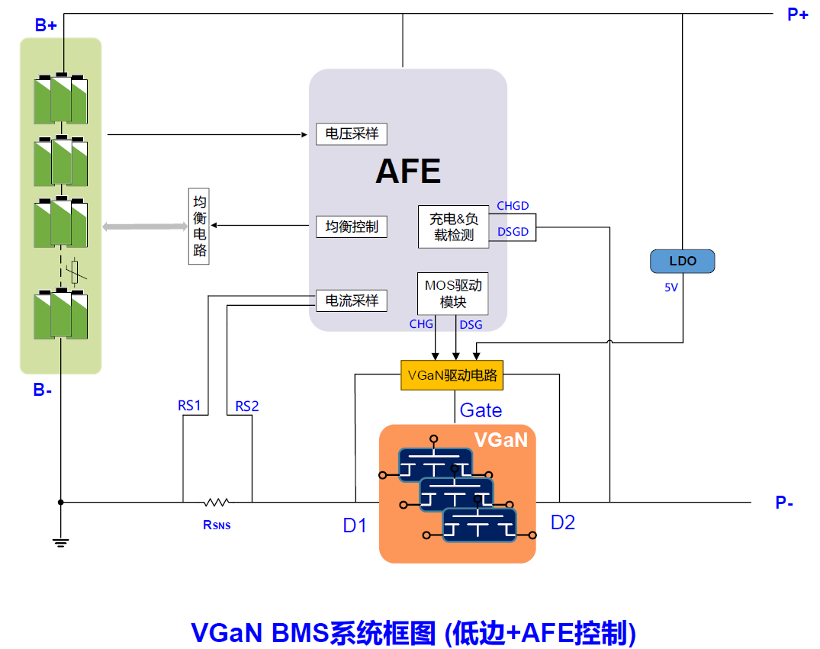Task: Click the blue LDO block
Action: [x=683, y=261]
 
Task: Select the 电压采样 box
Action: [x=352, y=134]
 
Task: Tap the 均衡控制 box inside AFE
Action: [x=352, y=227]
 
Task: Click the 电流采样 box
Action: [x=352, y=300]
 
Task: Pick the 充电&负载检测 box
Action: [x=453, y=227]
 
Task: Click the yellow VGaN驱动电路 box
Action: [x=452, y=375]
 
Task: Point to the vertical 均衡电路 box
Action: [x=199, y=227]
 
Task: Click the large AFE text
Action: [x=408, y=172]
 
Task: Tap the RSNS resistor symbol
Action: [x=217, y=503]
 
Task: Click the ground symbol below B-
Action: [x=61, y=542]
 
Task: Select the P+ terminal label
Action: [x=797, y=14]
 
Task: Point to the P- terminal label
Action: [x=785, y=503]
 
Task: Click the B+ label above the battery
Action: [x=46, y=25]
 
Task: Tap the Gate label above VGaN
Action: [x=481, y=410]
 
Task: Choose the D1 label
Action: [x=355, y=525]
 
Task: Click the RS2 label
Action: [x=246, y=406]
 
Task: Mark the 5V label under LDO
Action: [x=670, y=288]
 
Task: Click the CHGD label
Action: [x=513, y=206]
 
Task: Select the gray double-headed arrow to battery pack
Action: [x=145, y=227]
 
